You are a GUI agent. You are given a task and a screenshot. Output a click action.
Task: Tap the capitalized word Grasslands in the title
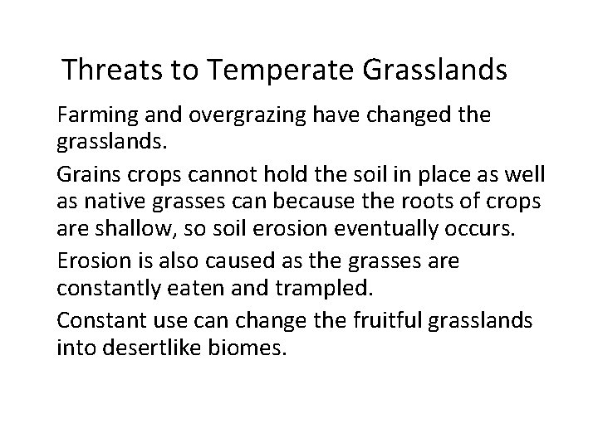click(434, 70)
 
